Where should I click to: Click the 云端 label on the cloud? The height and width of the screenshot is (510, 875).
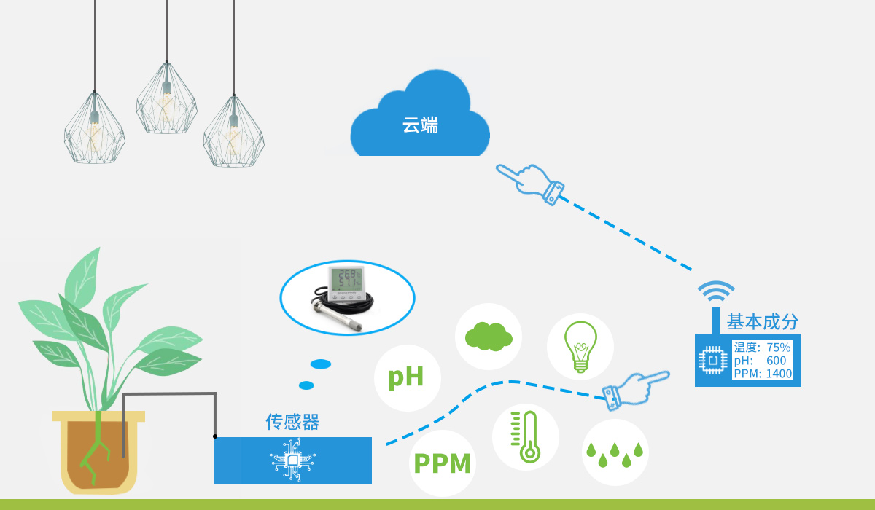coord(420,125)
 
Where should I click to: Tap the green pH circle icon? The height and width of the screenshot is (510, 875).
coord(406,377)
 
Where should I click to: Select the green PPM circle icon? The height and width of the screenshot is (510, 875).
coord(443,463)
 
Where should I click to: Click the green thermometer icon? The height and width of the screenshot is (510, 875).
coord(526,436)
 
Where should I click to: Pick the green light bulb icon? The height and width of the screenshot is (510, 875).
coord(580,346)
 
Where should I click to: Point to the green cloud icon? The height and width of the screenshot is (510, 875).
coord(489,336)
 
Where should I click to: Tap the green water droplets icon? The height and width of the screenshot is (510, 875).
coord(615,452)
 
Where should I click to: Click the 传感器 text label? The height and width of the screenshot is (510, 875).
coord(292,422)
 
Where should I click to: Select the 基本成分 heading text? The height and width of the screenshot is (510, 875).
coord(762,322)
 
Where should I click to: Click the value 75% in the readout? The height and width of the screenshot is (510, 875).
coord(779,348)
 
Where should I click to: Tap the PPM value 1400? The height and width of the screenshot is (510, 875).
coord(779,374)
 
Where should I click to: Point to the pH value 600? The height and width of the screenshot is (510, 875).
coord(776,361)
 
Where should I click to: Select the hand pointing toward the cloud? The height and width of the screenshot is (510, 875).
coord(531,182)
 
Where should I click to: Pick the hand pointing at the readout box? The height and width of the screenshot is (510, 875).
coord(636,388)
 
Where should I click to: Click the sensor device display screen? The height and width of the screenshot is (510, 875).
coord(346,280)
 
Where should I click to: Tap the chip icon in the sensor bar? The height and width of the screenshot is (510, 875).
coord(292,460)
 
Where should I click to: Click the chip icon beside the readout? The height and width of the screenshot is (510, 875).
coord(712,360)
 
